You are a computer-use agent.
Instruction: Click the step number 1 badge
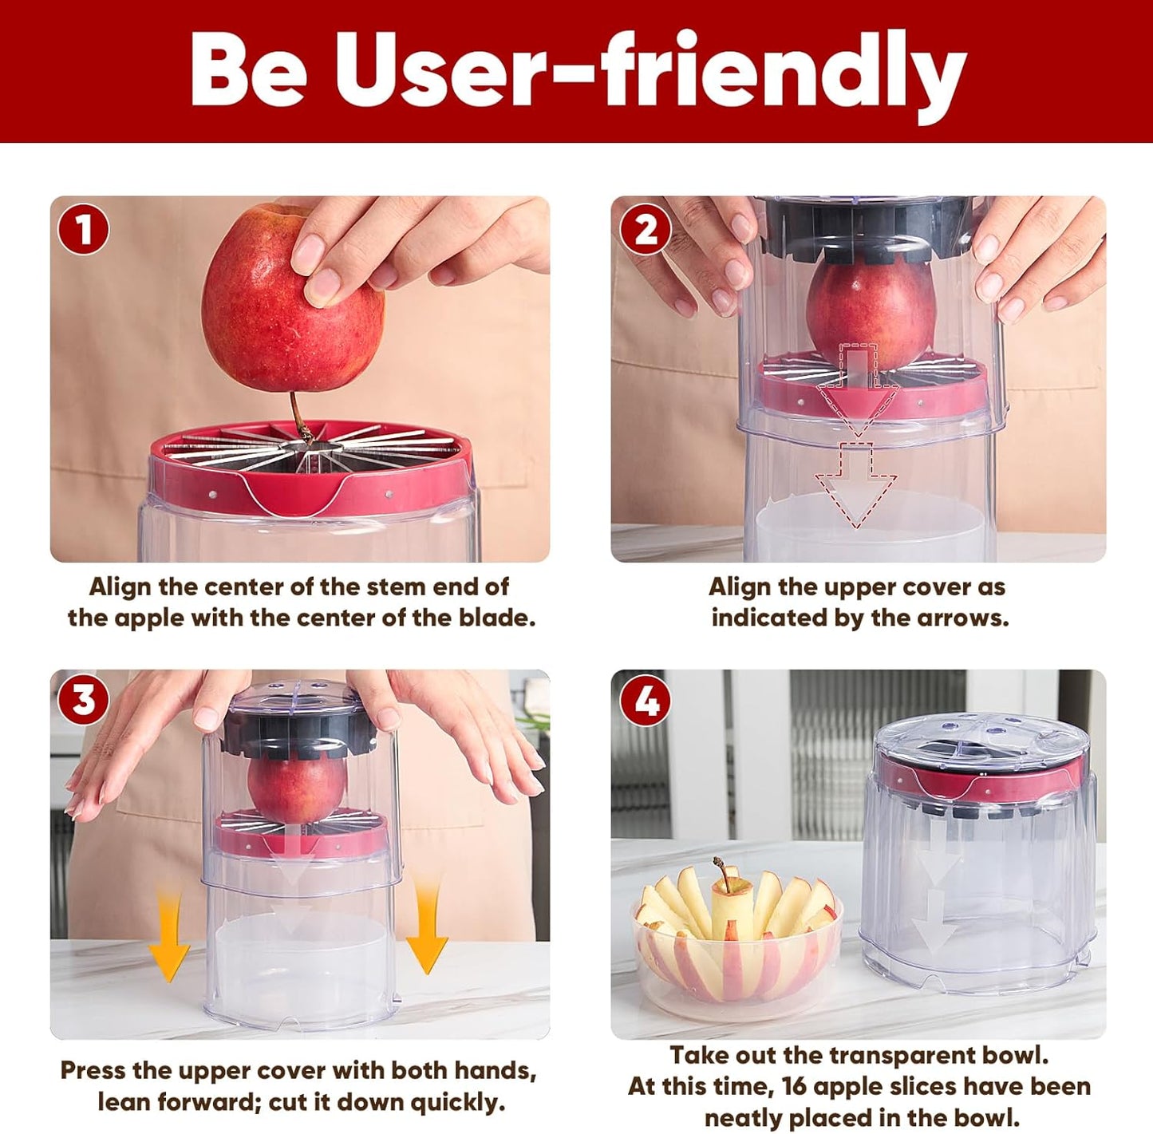pos(83,230)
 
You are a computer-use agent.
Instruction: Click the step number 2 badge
pos(646,230)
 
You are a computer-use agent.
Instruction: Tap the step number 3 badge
pos(83,701)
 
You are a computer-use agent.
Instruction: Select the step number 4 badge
pos(646,701)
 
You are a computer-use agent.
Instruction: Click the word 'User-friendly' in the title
pos(650,72)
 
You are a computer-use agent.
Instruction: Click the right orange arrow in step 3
pos(426,926)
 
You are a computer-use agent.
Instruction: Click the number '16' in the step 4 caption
pos(794,1087)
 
